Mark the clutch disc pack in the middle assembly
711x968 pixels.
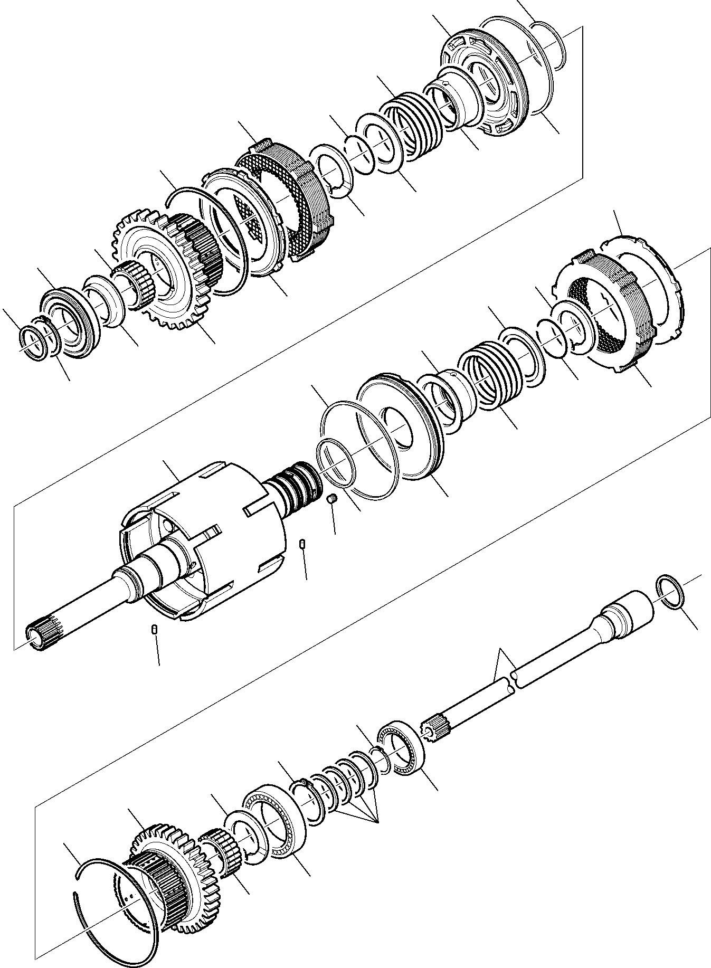point(607,317)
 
